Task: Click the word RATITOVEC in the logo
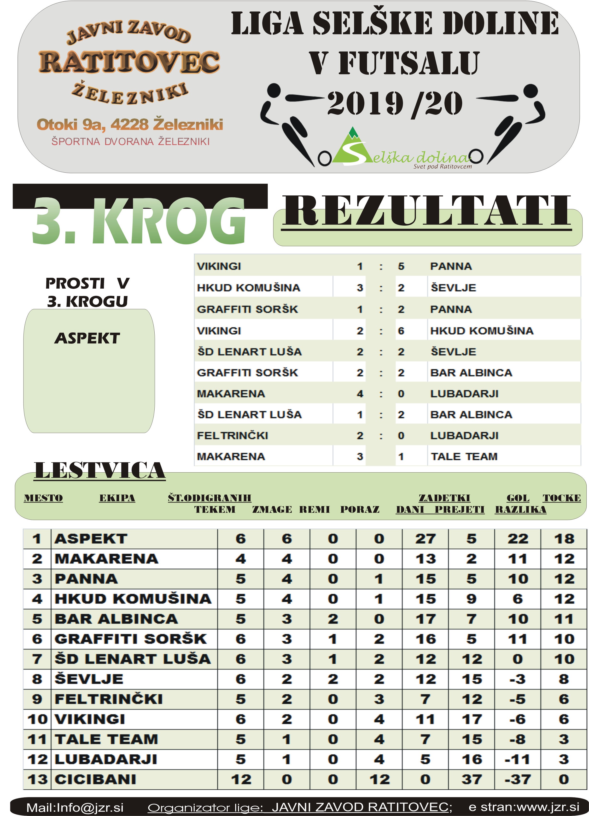(129, 62)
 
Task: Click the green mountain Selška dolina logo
(351, 148)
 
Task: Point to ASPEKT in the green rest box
(87, 338)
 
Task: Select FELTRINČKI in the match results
(232, 435)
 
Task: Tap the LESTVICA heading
(100, 471)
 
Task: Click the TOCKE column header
(562, 498)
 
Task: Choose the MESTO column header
(43, 498)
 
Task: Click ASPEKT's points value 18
(564, 539)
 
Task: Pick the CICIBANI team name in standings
(95, 779)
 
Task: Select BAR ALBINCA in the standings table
(116, 619)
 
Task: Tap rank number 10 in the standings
(37, 719)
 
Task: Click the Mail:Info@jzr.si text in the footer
(75, 807)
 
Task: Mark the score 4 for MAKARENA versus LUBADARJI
(360, 394)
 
